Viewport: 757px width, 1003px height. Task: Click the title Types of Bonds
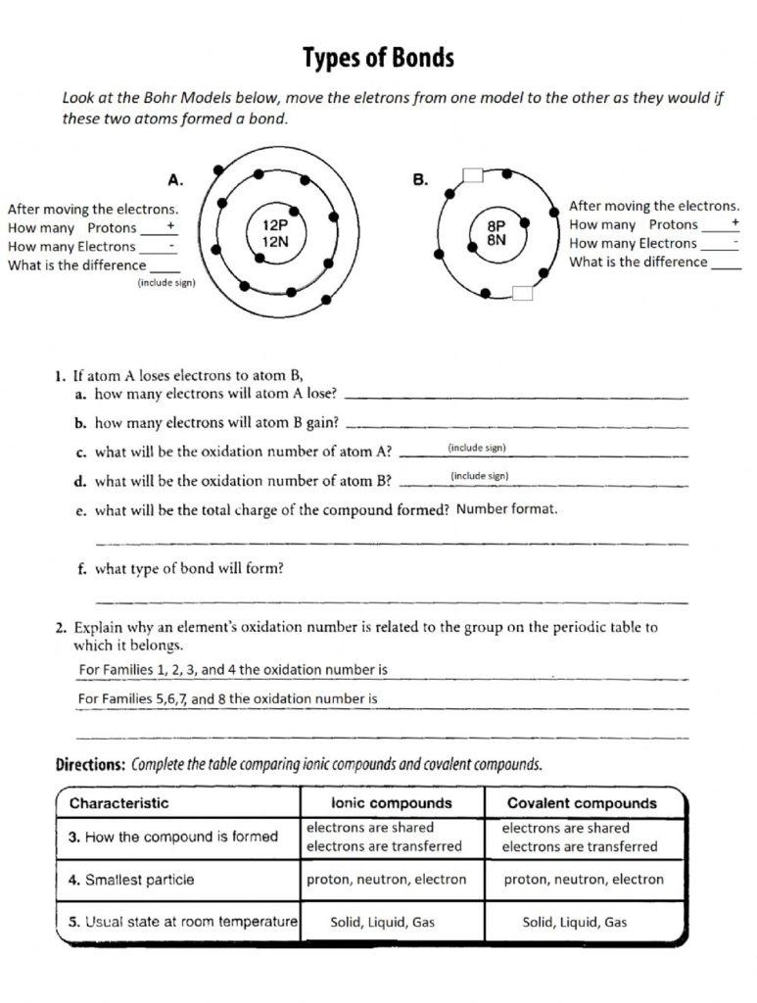click(x=378, y=59)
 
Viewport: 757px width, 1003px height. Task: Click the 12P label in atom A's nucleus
click(x=275, y=224)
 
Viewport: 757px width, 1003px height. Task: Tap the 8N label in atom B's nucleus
click(x=496, y=239)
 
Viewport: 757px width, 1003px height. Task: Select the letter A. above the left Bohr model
click(x=176, y=180)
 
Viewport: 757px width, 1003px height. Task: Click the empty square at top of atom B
click(x=473, y=175)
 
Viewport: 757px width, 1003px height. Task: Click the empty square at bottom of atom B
click(x=521, y=291)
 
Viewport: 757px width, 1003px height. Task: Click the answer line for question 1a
click(x=518, y=397)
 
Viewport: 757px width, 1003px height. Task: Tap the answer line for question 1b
click(x=518, y=426)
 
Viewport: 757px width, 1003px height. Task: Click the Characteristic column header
click(x=118, y=803)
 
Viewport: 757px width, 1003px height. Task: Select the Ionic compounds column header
click(x=392, y=803)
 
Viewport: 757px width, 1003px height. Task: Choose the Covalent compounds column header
click(x=582, y=803)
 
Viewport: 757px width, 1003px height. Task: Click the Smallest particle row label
click(x=131, y=880)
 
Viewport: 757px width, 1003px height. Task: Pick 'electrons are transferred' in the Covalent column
click(x=580, y=846)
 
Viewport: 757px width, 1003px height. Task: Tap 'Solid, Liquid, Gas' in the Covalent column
click(x=575, y=922)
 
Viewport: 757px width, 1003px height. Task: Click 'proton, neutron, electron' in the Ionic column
click(x=387, y=880)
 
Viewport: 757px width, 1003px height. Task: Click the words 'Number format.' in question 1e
click(x=507, y=508)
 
